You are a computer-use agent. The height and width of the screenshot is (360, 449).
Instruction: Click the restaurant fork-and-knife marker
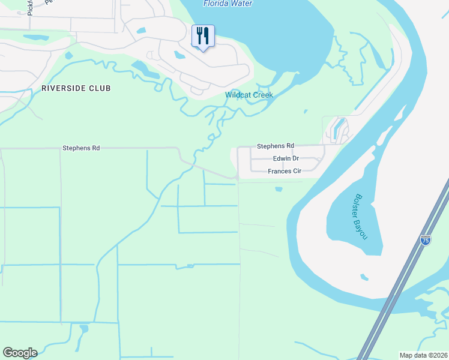point(203,36)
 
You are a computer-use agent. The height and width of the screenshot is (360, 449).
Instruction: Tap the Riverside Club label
point(76,88)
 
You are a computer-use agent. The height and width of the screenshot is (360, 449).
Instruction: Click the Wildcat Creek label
point(249,95)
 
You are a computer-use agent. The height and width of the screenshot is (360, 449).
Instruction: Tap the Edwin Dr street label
point(286,158)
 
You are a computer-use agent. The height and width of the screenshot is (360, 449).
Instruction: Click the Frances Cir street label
point(285,171)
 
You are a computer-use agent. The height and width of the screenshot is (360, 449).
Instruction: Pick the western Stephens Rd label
point(81,147)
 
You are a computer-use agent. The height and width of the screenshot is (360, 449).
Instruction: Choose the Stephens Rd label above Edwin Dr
point(276,146)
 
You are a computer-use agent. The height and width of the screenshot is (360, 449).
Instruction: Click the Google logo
point(20,353)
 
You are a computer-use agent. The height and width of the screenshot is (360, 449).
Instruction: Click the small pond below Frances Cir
point(278,190)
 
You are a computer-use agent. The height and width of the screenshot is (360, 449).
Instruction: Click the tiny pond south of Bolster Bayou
point(364,277)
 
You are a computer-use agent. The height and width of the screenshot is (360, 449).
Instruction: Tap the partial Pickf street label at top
point(30,7)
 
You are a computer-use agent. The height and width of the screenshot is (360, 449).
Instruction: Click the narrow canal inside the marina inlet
point(335,128)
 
